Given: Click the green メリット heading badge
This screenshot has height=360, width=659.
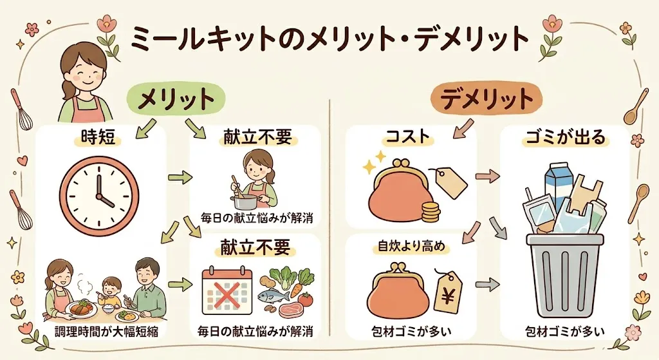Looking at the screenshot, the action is (x=176, y=99).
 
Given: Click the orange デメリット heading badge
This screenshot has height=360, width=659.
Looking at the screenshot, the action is (x=487, y=99).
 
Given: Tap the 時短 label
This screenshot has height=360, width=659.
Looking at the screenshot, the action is (x=98, y=137).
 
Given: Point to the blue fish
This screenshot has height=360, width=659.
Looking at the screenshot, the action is (x=272, y=295).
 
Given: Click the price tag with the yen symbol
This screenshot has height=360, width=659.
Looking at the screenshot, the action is (x=447, y=291).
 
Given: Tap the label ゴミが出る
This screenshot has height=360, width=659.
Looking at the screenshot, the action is (x=566, y=137).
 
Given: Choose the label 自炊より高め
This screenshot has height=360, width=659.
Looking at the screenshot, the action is (x=411, y=247).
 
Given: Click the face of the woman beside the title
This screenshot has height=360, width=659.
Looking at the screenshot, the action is (x=82, y=71).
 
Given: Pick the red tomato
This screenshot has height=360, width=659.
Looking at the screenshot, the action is (x=306, y=300).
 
